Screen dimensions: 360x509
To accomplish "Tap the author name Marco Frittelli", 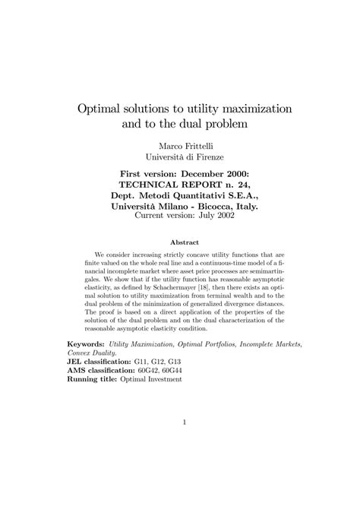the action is [180, 144].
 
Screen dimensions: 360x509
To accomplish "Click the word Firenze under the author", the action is [204, 156].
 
